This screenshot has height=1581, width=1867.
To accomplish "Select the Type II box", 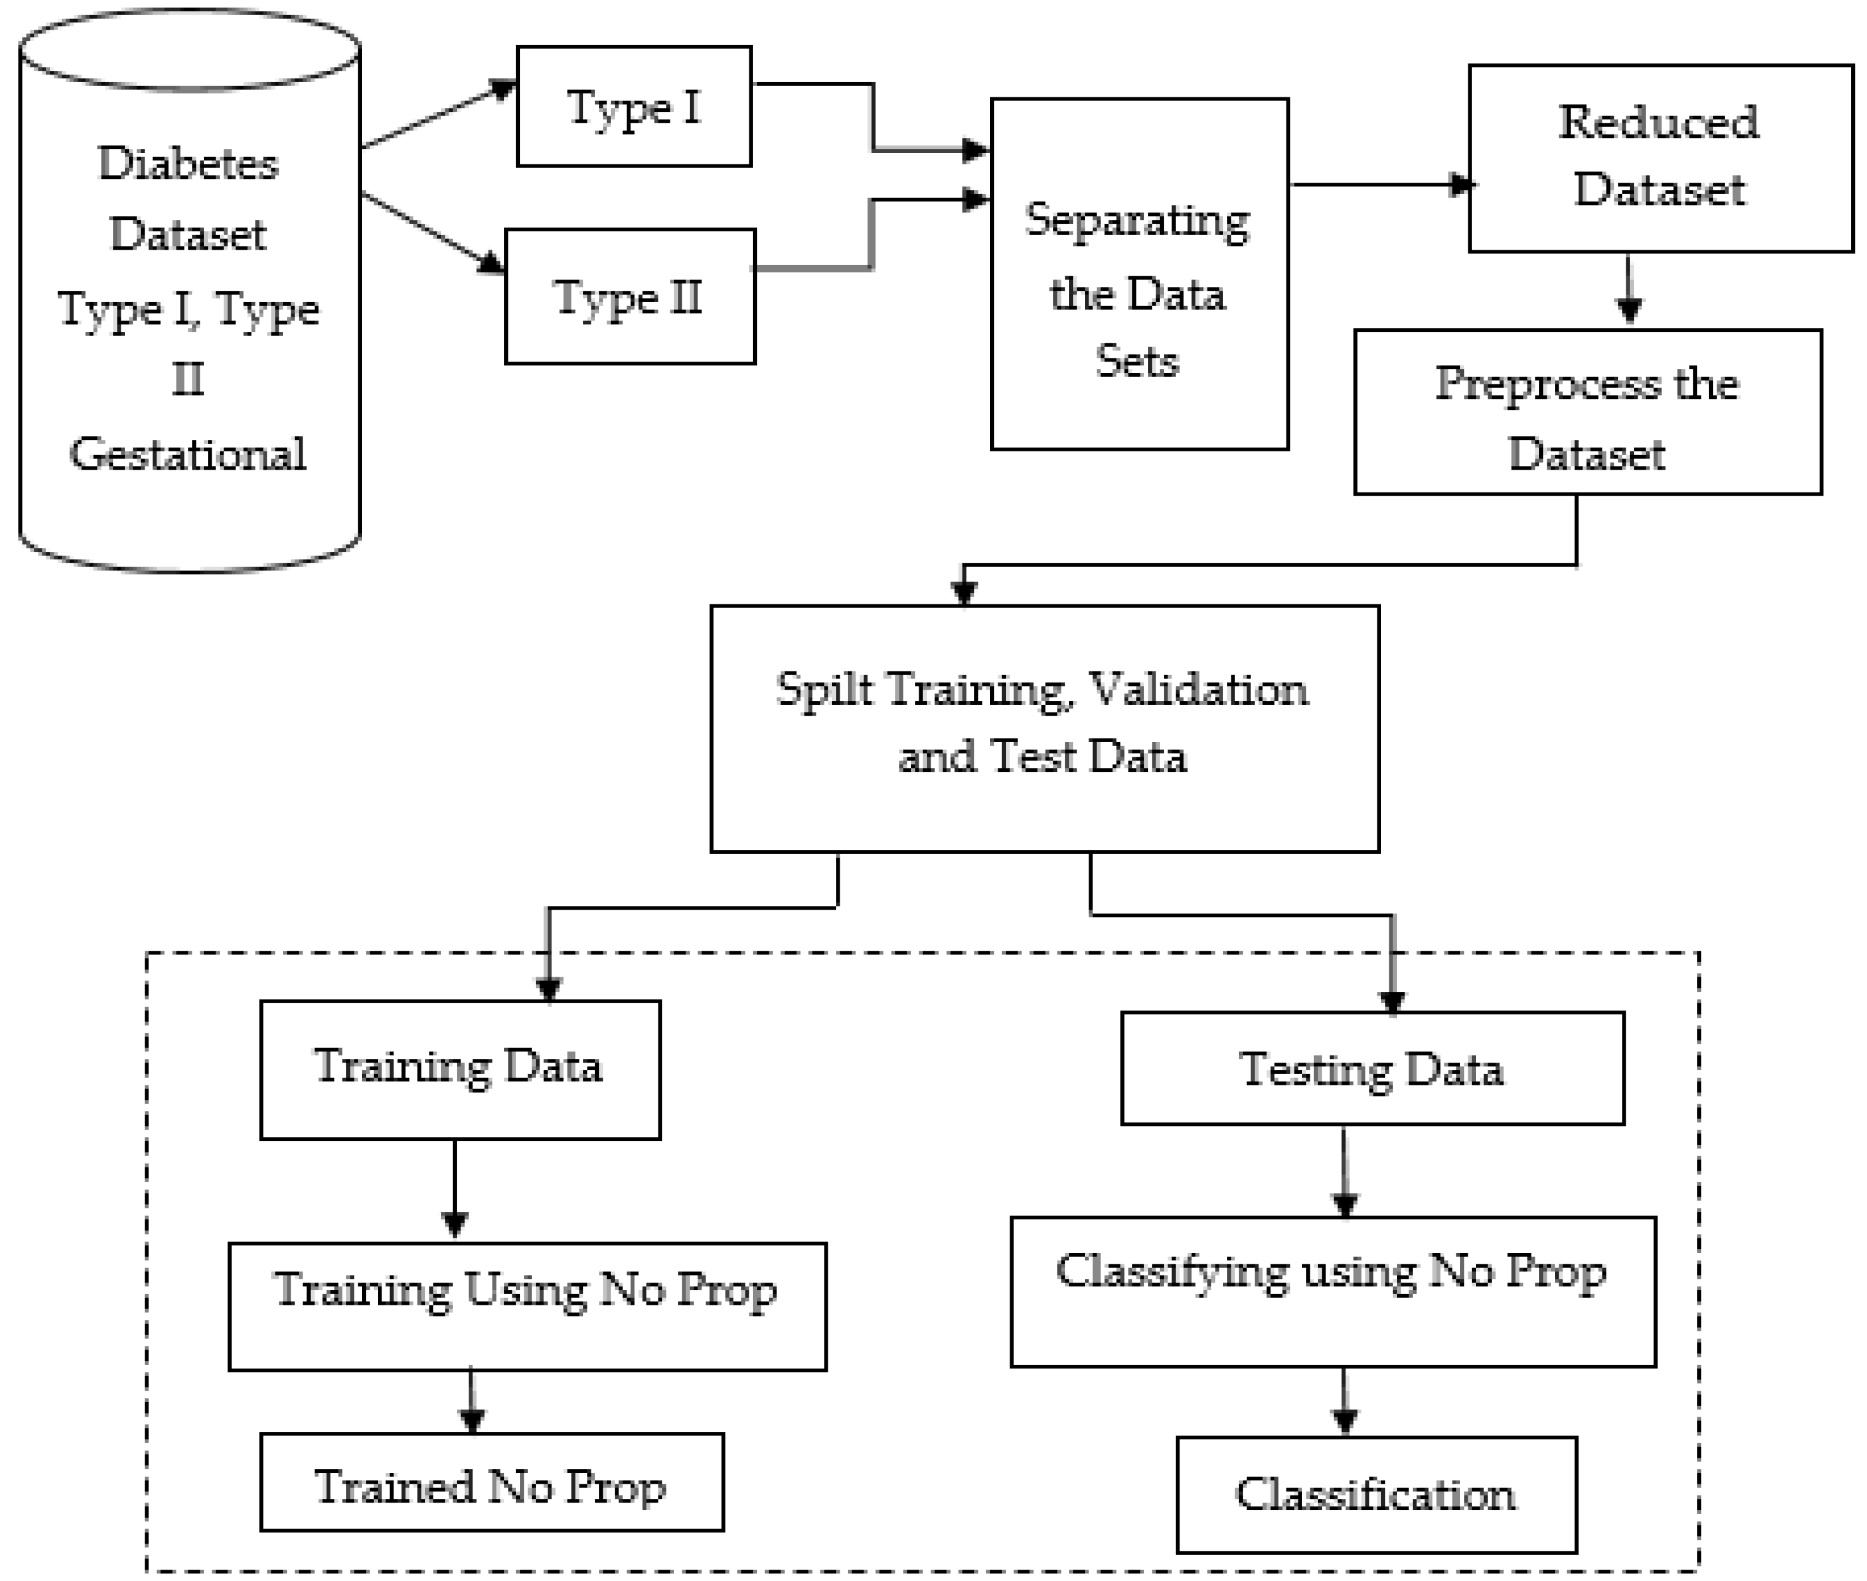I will coord(630,296).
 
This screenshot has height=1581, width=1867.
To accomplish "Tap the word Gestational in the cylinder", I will coord(188,453).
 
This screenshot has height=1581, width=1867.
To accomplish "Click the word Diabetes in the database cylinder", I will coord(188,164).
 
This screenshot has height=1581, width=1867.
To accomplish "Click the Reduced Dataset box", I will coord(1660,158).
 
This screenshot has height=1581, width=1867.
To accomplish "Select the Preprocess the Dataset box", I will coord(1586,412).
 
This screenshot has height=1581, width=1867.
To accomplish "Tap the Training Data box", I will coord(459,1069).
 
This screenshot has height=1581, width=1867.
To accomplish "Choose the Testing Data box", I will coord(1372,1068).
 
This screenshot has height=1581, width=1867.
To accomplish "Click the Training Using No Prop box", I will coord(527,1306).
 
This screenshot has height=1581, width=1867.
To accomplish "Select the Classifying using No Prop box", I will coord(1332,1291).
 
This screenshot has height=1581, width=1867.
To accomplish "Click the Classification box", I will coord(1375,1494).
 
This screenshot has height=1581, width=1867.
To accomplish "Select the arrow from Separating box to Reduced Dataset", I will coord(1380,185).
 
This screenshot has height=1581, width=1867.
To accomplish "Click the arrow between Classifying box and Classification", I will coord(1343,1401).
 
